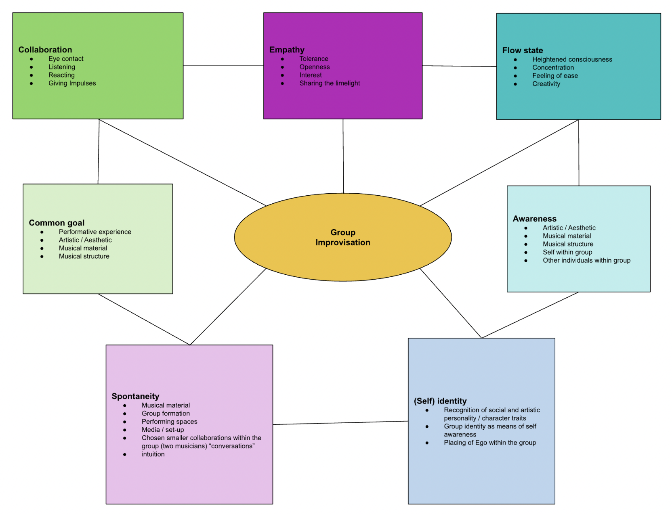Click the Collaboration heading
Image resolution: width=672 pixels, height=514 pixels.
click(x=45, y=50)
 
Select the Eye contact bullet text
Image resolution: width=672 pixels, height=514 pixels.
click(x=66, y=59)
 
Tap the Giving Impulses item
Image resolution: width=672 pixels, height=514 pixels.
click(x=72, y=83)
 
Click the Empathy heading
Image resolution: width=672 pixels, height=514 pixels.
click(x=287, y=50)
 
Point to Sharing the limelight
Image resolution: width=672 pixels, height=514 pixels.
click(x=330, y=83)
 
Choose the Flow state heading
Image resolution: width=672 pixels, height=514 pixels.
click(x=522, y=50)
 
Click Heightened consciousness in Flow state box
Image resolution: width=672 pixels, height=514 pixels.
click(x=572, y=60)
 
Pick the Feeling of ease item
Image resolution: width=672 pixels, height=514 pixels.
click(x=555, y=76)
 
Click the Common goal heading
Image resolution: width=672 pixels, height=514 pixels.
click(x=57, y=223)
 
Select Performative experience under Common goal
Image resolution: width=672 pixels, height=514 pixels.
click(x=95, y=232)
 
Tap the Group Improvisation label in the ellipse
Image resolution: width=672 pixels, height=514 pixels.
click(x=343, y=237)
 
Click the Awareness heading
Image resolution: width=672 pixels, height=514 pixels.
click(x=534, y=219)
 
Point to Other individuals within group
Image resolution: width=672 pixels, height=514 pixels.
click(x=586, y=261)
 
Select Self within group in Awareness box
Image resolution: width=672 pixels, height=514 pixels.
click(x=567, y=252)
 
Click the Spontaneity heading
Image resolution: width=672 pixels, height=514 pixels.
click(x=135, y=396)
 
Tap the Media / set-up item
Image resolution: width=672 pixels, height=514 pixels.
click(x=163, y=430)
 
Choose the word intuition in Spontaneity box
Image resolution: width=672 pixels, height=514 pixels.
click(x=153, y=454)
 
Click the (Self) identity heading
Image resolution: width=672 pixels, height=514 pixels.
click(x=440, y=401)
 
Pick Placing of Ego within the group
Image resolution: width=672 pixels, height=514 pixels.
click(x=490, y=443)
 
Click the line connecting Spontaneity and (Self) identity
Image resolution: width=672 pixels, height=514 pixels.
click(x=340, y=423)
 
